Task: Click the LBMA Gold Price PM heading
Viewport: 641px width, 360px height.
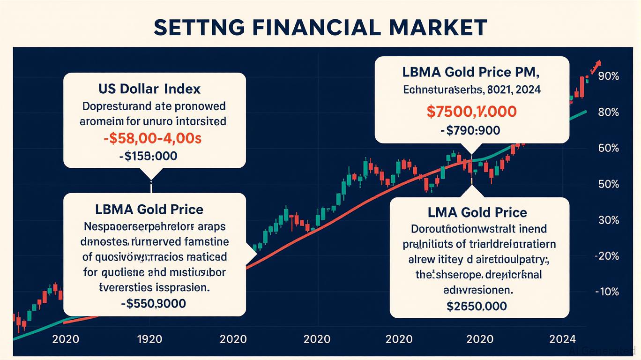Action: (471, 73)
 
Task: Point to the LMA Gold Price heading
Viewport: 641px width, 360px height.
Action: (477, 212)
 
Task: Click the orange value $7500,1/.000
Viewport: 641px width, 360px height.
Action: (471, 112)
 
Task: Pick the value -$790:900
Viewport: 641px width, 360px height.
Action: (470, 130)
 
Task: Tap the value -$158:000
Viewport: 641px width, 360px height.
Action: (148, 157)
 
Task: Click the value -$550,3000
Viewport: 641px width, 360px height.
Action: (153, 303)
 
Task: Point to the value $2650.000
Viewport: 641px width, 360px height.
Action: (477, 306)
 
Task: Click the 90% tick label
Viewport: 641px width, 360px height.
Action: (609, 76)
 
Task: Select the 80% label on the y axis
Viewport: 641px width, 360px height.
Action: (609, 112)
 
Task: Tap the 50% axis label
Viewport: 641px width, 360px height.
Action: (609, 184)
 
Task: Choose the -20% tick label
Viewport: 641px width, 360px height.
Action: (607, 256)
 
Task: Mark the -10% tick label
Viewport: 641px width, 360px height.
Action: (607, 292)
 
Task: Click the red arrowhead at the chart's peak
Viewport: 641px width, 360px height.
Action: (596, 64)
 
